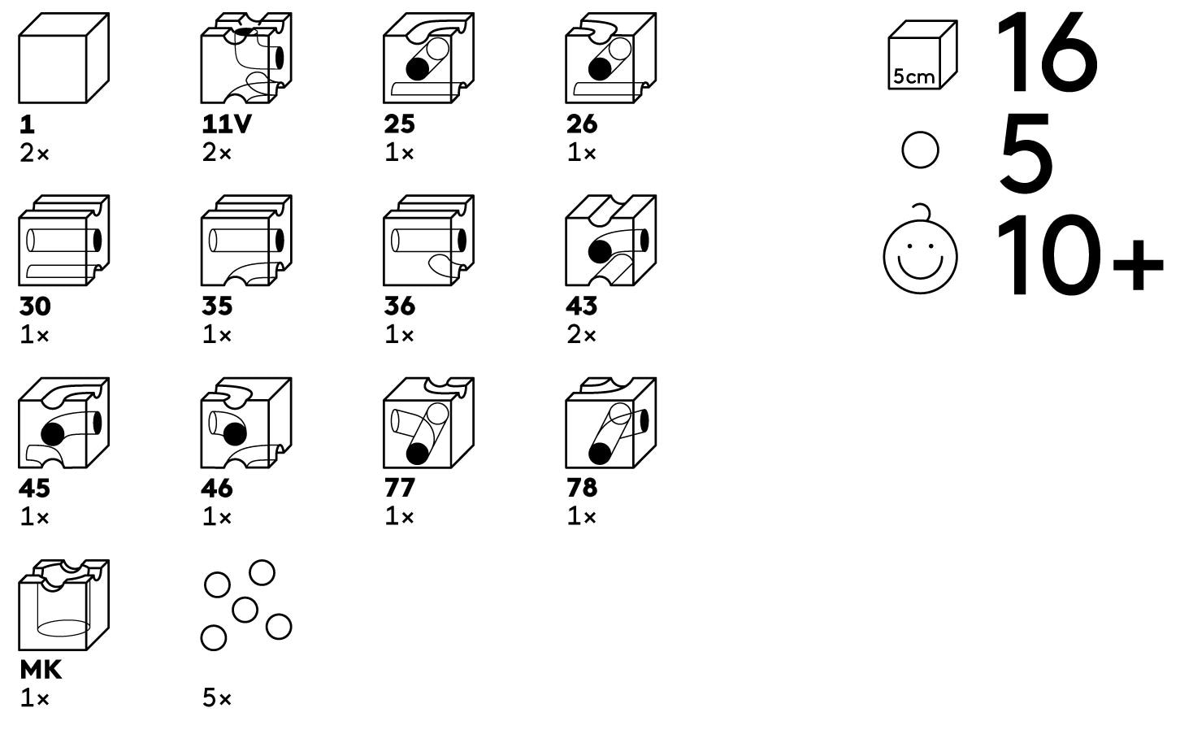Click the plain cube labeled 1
pyautogui.click(x=63, y=59)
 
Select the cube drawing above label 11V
pyautogui.click(x=245, y=59)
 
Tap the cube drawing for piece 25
pyautogui.click(x=427, y=59)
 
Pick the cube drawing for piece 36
pyautogui.click(x=427, y=241)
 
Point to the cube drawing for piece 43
pyautogui.click(x=610, y=241)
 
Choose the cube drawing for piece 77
pyautogui.click(x=427, y=423)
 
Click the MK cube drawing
pyautogui.click(x=63, y=605)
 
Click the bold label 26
pyautogui.click(x=582, y=124)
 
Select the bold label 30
pyautogui.click(x=35, y=306)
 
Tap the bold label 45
pyautogui.click(x=35, y=489)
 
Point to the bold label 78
pyautogui.click(x=582, y=489)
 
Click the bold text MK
pyautogui.click(x=41, y=671)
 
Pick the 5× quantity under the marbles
pyautogui.click(x=217, y=698)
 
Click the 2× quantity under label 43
pyautogui.click(x=581, y=335)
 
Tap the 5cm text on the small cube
pyautogui.click(x=913, y=76)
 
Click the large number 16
pyautogui.click(x=1047, y=52)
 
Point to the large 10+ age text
pyautogui.click(x=1078, y=255)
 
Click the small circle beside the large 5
pyautogui.click(x=920, y=150)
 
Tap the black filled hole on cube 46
pyautogui.click(x=234, y=433)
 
